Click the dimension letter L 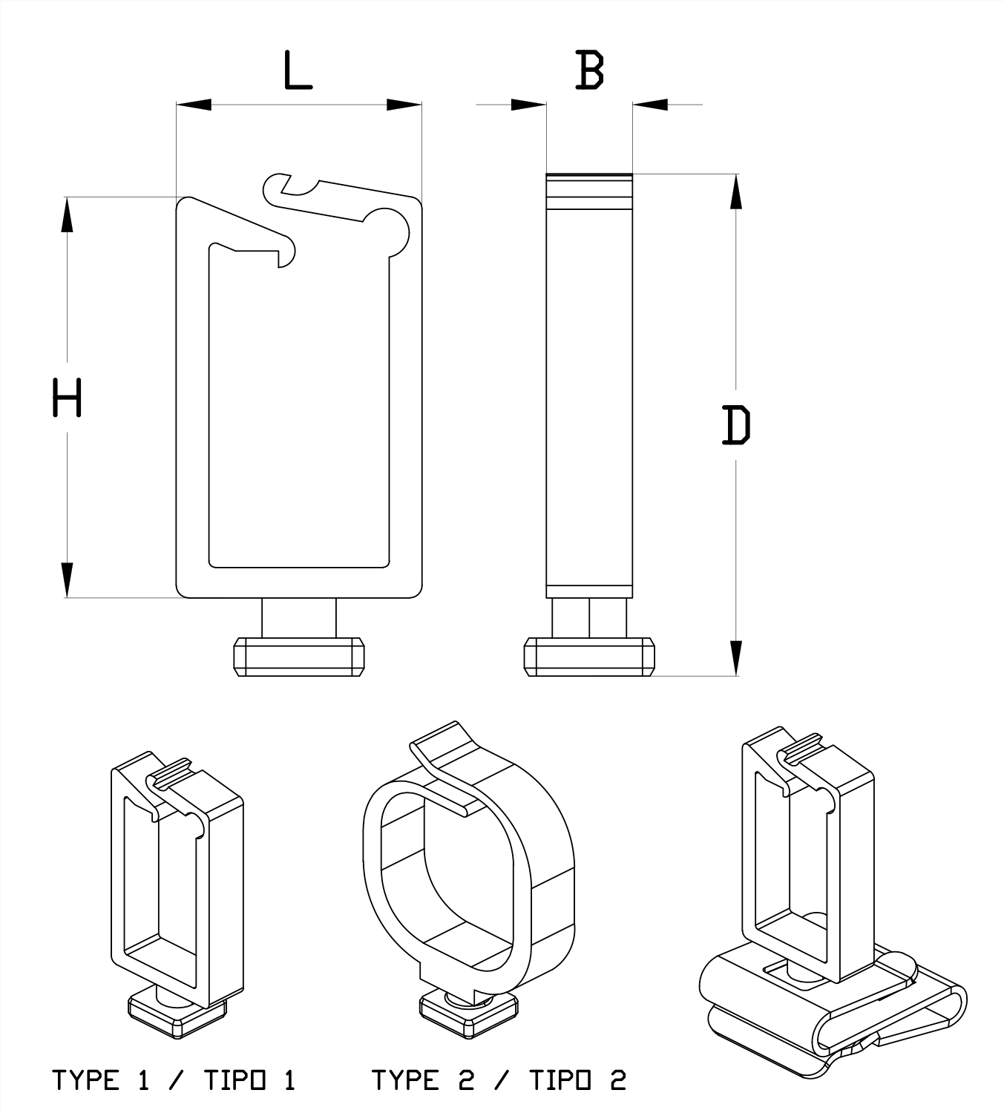[x=298, y=71]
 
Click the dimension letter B [x=590, y=71]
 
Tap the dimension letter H [x=67, y=398]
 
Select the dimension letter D [x=736, y=425]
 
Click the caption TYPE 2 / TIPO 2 [x=499, y=1080]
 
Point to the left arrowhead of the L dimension [x=194, y=105]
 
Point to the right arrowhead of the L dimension [x=404, y=105]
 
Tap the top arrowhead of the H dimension [x=67, y=215]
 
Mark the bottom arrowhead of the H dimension [x=67, y=580]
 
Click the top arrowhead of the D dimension [x=736, y=192]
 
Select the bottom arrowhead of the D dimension [x=736, y=657]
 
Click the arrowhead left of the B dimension [x=528, y=105]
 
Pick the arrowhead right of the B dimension [x=651, y=105]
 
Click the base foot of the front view [x=299, y=656]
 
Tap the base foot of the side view [x=589, y=656]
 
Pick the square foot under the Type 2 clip [x=469, y=1014]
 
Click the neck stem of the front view [x=299, y=617]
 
